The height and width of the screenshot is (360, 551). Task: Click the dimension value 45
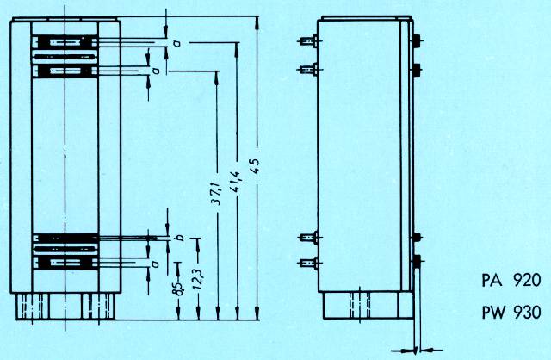pos(257,166)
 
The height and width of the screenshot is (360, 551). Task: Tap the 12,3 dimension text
pos(198,279)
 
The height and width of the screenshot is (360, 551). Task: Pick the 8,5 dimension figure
pos(178,289)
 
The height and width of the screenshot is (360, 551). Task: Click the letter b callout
pos(180,238)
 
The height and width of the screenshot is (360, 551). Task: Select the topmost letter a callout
pos(178,43)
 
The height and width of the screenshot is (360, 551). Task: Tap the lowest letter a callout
pos(156,263)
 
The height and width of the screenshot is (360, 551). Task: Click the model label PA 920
pos(511,281)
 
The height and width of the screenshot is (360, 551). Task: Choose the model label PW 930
pos(511,312)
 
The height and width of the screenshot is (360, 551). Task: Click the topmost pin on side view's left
pos(308,41)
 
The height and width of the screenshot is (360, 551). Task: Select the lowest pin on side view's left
pos(308,263)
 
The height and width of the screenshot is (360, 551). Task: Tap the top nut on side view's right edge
pos(417,40)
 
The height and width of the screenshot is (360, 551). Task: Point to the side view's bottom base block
pos(368,305)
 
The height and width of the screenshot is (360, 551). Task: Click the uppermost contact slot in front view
pos(65,42)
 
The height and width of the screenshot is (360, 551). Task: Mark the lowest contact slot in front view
pos(65,263)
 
